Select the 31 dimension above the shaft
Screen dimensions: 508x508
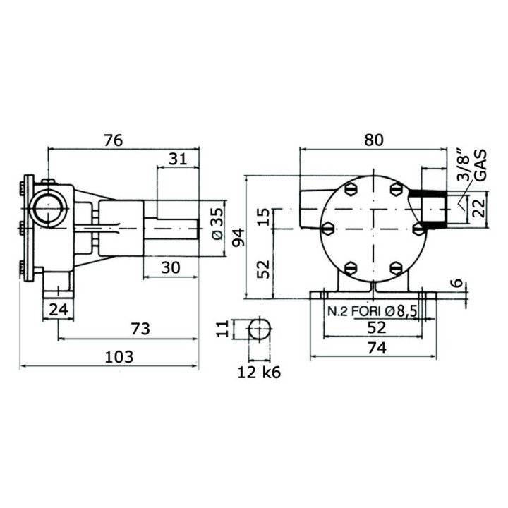(x=179, y=159)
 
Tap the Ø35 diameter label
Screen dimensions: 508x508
(x=218, y=224)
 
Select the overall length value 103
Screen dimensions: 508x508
(x=118, y=356)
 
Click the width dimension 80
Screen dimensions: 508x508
(x=374, y=140)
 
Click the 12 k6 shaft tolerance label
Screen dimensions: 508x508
(x=259, y=373)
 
